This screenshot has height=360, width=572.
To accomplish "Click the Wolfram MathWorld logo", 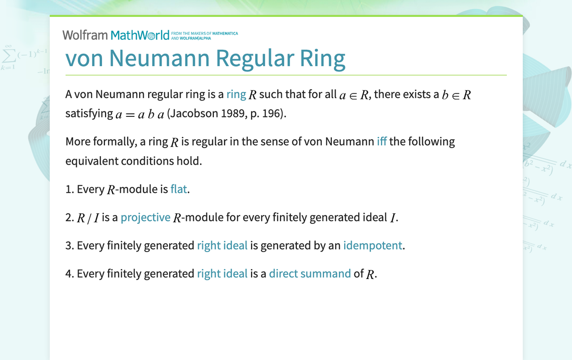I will coord(115,35).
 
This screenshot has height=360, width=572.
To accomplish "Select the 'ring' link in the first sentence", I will coord(236,94).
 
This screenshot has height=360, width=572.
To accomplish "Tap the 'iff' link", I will coord(381,142).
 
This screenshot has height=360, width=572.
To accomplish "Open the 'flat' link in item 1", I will coord(179,189).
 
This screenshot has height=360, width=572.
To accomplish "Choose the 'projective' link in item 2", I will coord(145,217).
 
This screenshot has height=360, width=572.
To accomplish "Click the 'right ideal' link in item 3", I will coord(222,245).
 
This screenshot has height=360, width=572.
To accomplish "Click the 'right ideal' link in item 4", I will coord(222,273).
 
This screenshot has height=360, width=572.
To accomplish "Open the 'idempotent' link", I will coord(373,245).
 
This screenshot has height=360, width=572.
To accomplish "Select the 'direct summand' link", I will coord(310,273).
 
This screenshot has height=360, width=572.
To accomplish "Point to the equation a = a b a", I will coord(139,114).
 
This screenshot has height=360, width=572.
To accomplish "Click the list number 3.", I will coord(69,245).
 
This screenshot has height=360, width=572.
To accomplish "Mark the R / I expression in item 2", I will coord(88,218).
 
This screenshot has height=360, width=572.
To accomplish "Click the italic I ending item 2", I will coord(393,218).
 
